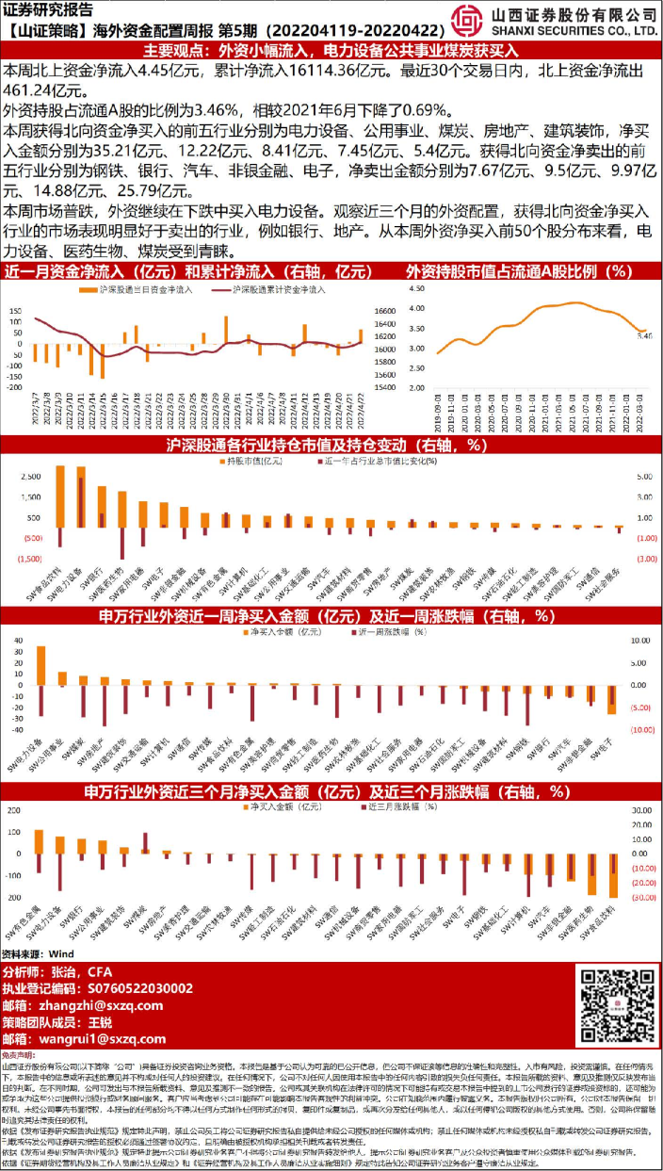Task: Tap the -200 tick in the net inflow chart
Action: (x=15, y=387)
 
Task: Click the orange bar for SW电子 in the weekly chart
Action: (x=611, y=700)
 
